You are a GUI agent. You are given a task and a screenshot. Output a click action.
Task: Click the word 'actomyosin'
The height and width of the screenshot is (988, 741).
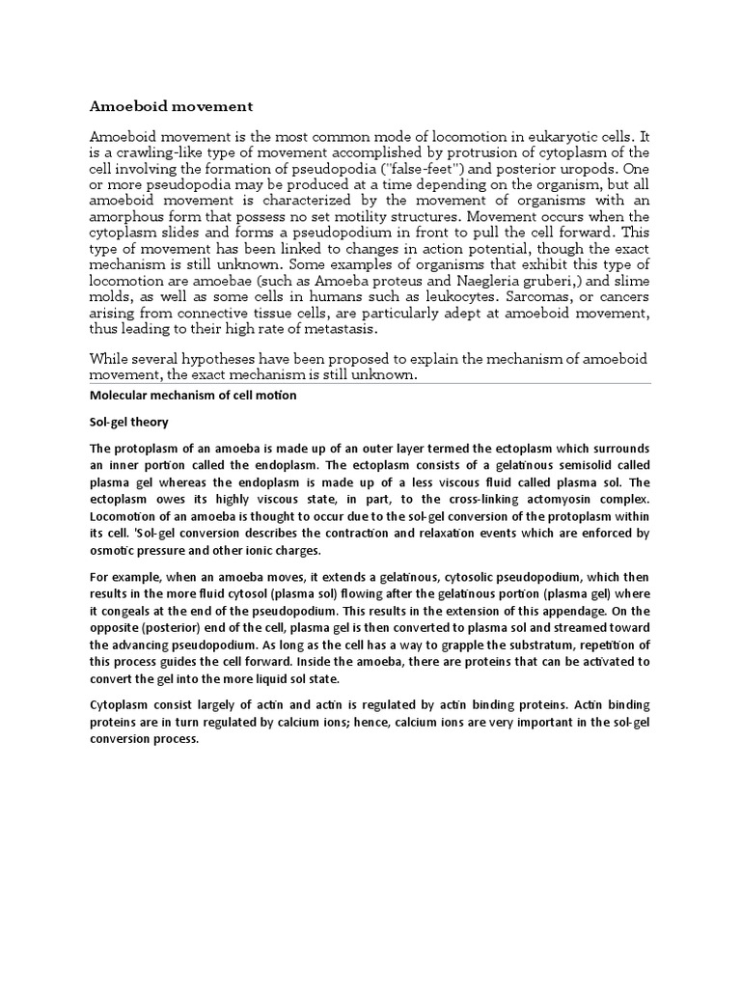click(x=542, y=500)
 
